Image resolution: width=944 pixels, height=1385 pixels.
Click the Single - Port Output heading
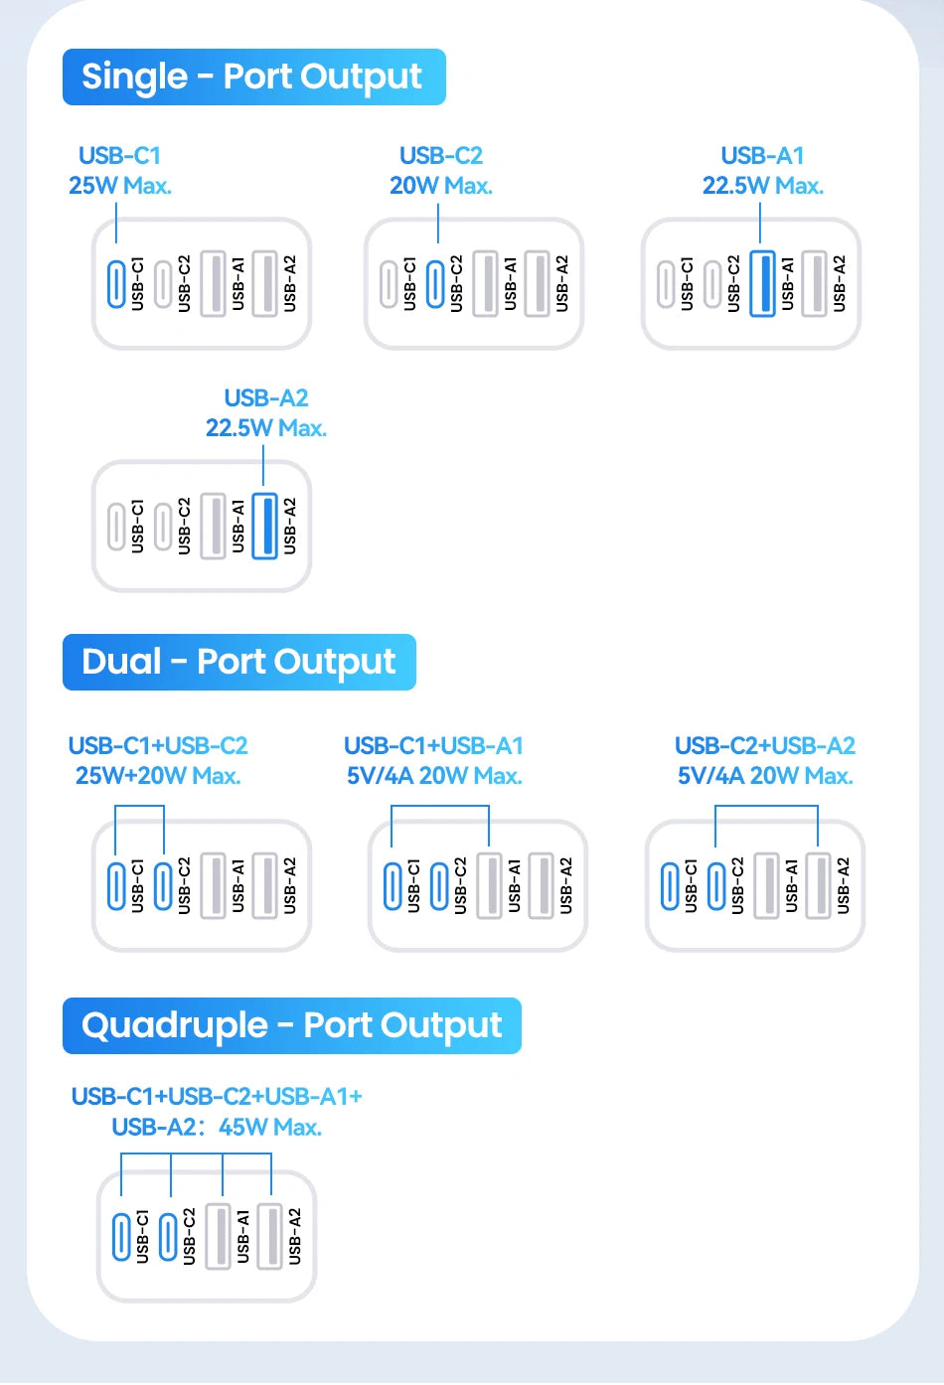tap(252, 77)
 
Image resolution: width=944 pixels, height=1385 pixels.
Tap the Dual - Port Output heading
tap(238, 662)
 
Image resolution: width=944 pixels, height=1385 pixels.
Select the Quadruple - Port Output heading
tap(291, 1025)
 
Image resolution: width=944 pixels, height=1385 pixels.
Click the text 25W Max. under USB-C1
tap(120, 186)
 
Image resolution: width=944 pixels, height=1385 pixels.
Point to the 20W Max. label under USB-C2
tap(441, 186)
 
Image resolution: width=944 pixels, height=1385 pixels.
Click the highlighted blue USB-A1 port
tap(762, 283)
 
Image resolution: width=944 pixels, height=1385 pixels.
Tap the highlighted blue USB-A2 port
tap(264, 526)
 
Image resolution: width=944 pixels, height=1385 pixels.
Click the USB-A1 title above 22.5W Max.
tap(762, 156)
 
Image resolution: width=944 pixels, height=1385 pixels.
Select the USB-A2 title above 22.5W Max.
tap(266, 398)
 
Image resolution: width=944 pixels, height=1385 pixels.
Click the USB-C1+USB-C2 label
tap(158, 746)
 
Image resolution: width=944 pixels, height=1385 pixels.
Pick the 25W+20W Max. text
tap(158, 776)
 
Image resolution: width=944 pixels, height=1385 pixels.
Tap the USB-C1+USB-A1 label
tap(433, 746)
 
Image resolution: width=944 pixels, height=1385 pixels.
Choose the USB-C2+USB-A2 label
tap(764, 746)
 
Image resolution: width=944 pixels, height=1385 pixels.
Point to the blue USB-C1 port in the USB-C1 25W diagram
tap(116, 283)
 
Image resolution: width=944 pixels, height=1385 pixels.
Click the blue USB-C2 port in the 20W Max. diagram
tap(435, 283)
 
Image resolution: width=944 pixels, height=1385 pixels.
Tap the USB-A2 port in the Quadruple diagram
tap(269, 1237)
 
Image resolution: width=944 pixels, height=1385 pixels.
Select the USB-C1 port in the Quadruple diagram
tap(121, 1237)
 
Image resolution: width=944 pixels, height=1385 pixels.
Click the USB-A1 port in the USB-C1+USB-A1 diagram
tap(489, 885)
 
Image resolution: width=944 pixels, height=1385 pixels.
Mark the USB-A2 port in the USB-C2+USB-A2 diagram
tap(818, 885)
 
